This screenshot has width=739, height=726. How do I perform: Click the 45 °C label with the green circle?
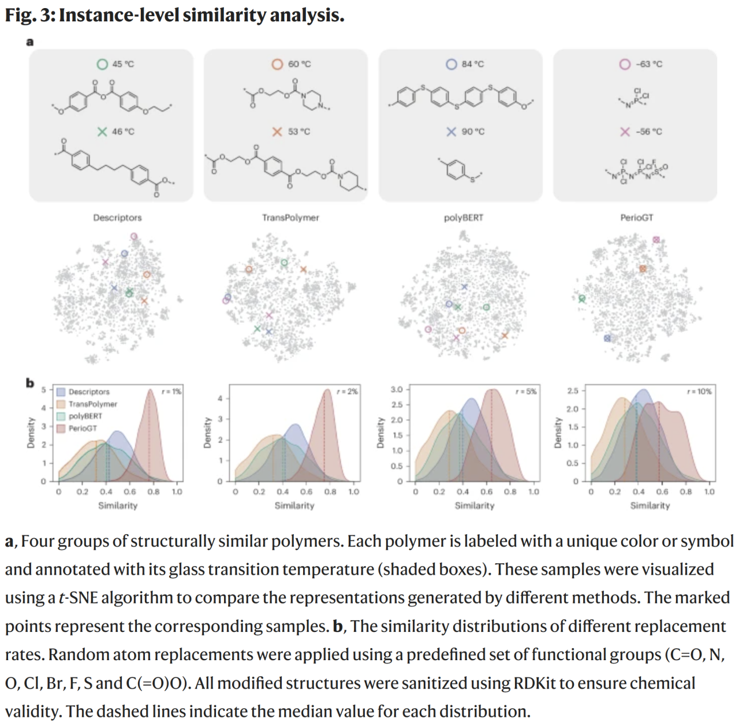(x=122, y=64)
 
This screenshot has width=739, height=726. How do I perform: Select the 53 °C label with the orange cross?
(x=298, y=132)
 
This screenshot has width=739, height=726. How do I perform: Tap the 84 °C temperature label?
(x=472, y=64)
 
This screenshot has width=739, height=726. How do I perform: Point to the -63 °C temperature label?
(x=648, y=64)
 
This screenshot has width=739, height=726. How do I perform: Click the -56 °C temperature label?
(x=648, y=132)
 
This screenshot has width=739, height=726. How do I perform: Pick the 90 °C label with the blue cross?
(x=472, y=132)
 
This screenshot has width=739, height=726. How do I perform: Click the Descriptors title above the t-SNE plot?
(x=117, y=218)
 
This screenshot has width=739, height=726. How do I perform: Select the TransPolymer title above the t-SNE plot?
(x=290, y=218)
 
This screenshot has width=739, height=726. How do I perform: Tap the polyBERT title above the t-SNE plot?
(x=464, y=218)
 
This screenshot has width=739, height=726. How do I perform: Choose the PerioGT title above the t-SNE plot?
(x=637, y=218)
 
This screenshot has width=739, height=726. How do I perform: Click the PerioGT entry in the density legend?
(x=83, y=429)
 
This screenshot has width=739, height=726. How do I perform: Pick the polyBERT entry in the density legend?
(x=85, y=416)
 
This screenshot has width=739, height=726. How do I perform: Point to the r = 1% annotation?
(x=172, y=392)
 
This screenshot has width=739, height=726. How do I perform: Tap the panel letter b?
(x=29, y=383)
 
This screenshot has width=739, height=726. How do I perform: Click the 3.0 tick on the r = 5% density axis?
(x=397, y=389)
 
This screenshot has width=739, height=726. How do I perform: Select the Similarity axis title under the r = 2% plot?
(x=294, y=506)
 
